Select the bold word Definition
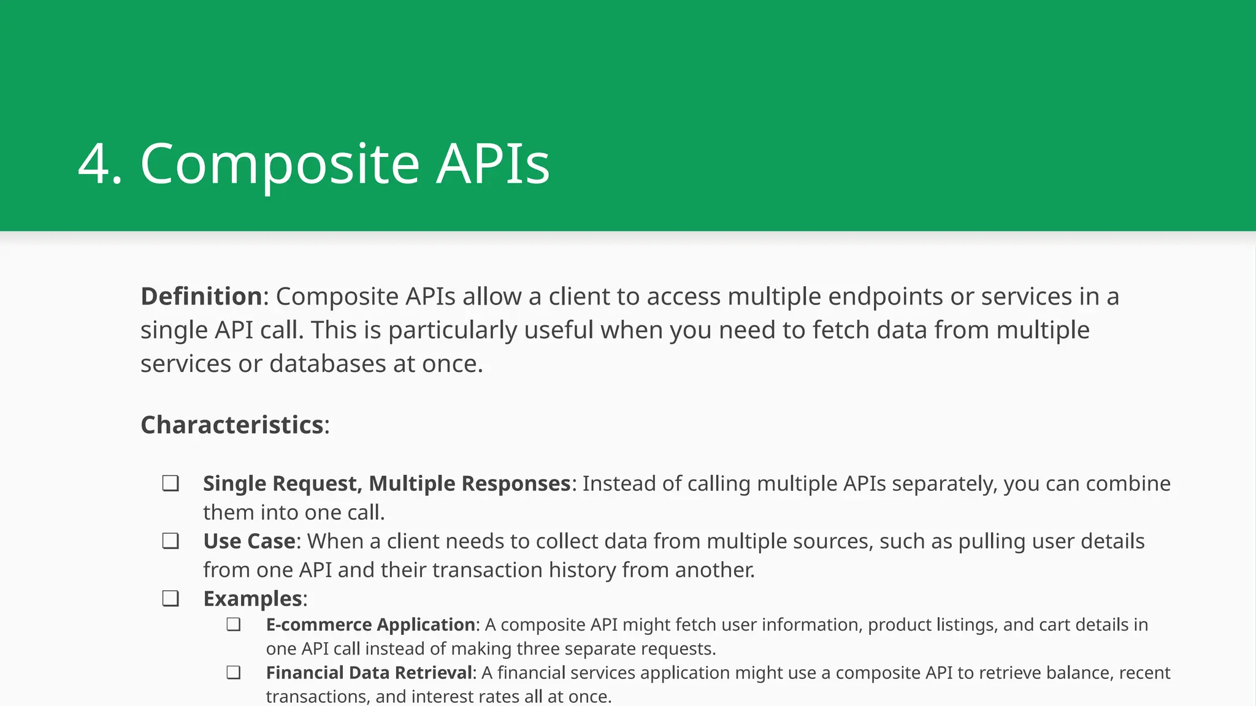pos(201,297)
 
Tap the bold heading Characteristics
pos(232,425)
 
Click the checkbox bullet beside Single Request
pos(170,484)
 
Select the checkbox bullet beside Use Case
pos(170,541)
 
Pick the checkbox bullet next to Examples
pos(170,599)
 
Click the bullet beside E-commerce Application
pos(233,624)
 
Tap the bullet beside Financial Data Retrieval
pos(233,673)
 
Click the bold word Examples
pos(253,599)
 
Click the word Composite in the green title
pos(280,164)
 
